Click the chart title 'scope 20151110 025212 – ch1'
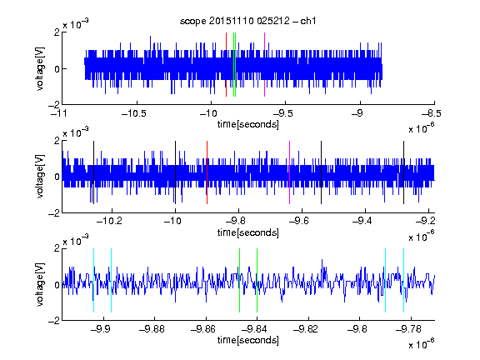pyautogui.click(x=247, y=21)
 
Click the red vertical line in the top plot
pyautogui.click(x=226, y=65)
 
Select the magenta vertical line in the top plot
pyautogui.click(x=264, y=65)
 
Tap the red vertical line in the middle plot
pyautogui.click(x=207, y=172)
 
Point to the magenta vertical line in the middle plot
pyautogui.click(x=289, y=172)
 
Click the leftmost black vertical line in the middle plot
pyautogui.click(x=93, y=172)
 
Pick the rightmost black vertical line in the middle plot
pyautogui.click(x=403, y=172)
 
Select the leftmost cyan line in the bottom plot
pyautogui.click(x=93, y=280)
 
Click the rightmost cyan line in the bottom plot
pyautogui.click(x=403, y=280)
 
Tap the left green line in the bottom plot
pyautogui.click(x=239, y=280)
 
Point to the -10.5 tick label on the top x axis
pyautogui.click(x=134, y=113)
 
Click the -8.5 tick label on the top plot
pyautogui.click(x=432, y=113)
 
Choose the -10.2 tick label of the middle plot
pyautogui.click(x=109, y=221)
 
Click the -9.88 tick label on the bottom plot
pyautogui.click(x=152, y=329)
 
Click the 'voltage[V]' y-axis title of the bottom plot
pyautogui.click(x=40, y=284)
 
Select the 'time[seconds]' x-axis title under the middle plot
pyautogui.click(x=248, y=232)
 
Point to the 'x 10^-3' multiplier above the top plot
pyautogui.click(x=76, y=24)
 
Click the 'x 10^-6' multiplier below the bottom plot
pyautogui.click(x=421, y=344)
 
